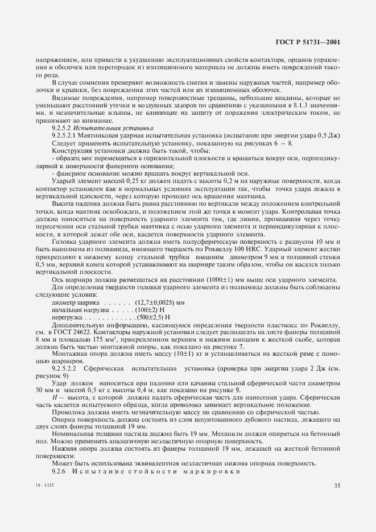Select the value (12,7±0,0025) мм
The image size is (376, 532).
[x=159, y=301]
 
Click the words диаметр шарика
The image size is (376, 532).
[x=69, y=301]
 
